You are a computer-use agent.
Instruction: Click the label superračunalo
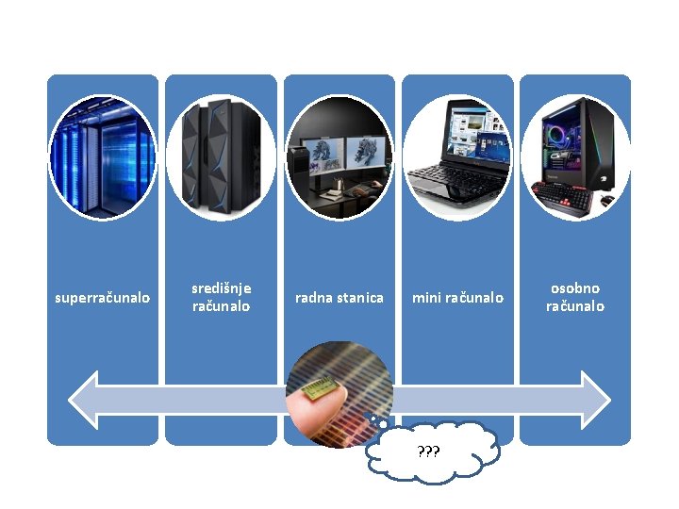(102, 298)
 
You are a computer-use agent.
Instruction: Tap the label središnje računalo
(221, 297)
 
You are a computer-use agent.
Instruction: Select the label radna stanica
(339, 298)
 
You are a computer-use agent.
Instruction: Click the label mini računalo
(457, 298)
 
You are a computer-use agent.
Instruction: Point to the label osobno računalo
(575, 297)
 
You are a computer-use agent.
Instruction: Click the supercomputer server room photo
(103, 157)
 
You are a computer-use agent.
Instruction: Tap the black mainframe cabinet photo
(221, 157)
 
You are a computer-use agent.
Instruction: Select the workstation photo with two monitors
(339, 157)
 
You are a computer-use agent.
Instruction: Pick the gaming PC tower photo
(575, 157)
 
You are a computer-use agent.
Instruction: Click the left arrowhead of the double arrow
(86, 400)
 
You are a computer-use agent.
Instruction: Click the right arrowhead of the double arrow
(594, 400)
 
